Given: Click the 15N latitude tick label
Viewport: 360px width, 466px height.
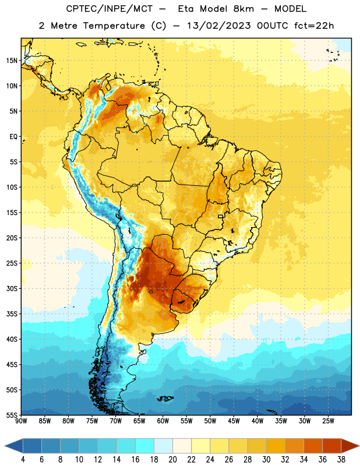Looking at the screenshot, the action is tap(12, 61).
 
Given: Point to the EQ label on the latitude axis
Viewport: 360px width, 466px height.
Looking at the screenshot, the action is tap(13, 137).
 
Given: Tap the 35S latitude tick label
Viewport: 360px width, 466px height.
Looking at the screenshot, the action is tap(12, 314).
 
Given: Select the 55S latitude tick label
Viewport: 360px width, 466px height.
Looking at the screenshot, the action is tap(12, 415).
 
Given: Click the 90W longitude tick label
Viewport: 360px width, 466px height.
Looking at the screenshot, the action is tap(21, 421).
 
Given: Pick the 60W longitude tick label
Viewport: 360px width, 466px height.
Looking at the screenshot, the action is tap(163, 421).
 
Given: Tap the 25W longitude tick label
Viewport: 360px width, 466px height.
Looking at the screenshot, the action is tap(328, 421).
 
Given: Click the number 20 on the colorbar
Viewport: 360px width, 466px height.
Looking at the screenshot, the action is tap(172, 460).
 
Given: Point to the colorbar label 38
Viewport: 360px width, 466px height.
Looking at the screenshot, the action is tap(341, 460).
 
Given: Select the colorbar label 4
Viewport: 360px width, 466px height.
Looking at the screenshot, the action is tap(23, 460).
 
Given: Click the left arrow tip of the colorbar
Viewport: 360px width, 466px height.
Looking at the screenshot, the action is tap(5, 446).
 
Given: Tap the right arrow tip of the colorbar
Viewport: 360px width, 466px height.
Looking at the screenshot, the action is tap(359, 446).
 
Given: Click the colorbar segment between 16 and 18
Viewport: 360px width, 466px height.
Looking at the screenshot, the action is tap(145, 446).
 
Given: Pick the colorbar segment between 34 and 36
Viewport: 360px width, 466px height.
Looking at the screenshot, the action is tap(313, 446).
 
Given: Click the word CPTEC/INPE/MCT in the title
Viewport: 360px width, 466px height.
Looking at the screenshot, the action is tap(110, 9).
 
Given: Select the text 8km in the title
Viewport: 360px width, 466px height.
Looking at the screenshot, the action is tap(243, 9).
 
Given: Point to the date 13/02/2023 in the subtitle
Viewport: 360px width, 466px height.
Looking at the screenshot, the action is tap(219, 26).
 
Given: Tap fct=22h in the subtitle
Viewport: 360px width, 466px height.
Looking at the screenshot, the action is tap(314, 26).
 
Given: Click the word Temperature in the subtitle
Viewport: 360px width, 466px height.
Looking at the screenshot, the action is tap(114, 26).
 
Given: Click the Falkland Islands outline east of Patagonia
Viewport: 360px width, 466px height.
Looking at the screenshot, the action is tap(165, 398).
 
